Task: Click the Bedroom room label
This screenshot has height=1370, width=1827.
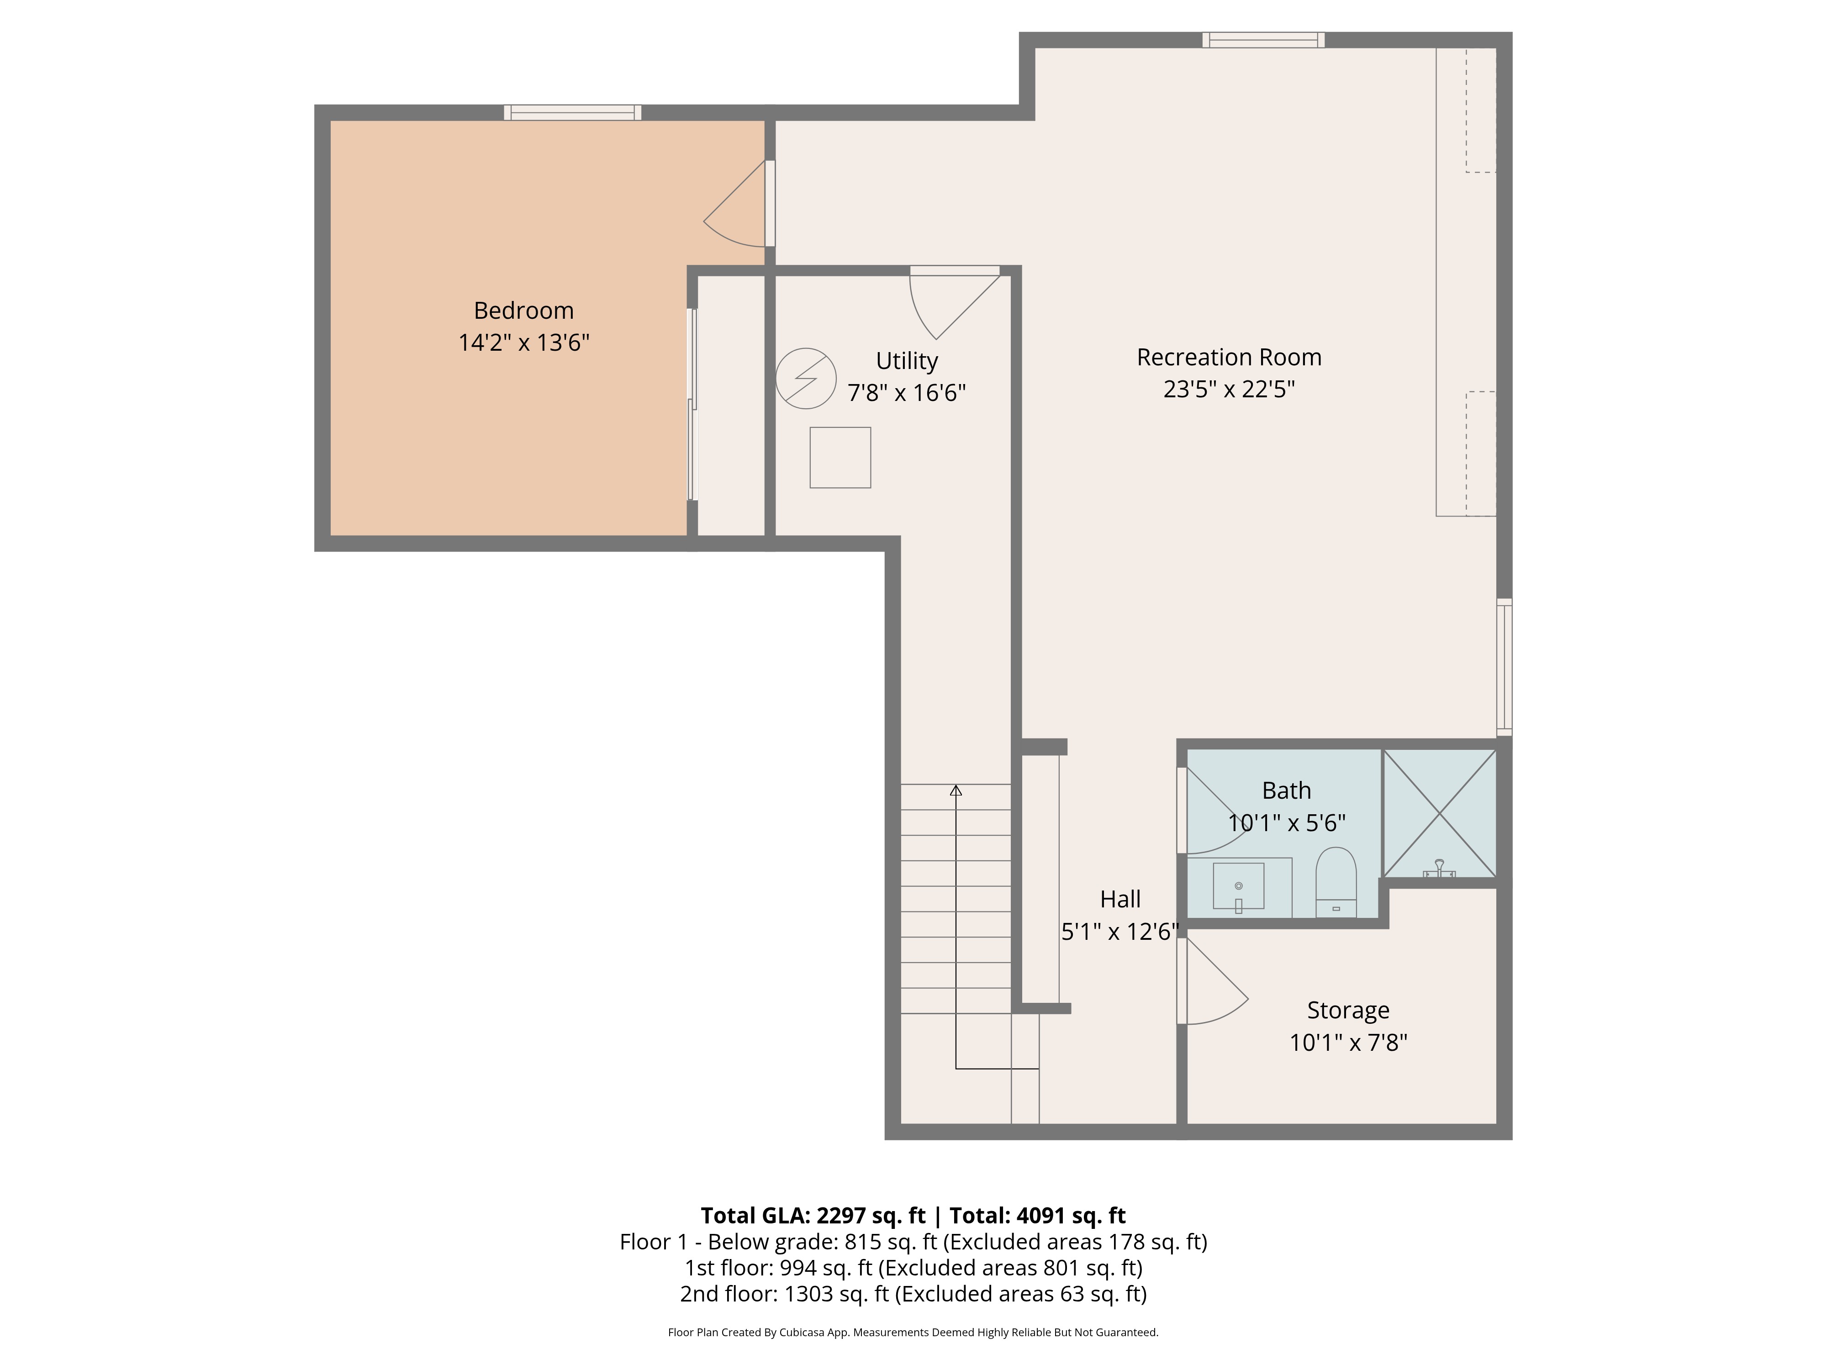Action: click(523, 311)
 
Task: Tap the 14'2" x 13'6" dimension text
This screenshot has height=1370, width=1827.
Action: click(523, 342)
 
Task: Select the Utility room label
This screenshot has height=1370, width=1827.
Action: click(907, 361)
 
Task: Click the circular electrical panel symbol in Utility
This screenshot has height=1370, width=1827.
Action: click(806, 378)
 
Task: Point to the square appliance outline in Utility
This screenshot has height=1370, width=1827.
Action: click(840, 458)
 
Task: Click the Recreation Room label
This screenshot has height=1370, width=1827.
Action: click(1229, 357)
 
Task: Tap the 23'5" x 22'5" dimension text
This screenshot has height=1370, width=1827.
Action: click(1229, 389)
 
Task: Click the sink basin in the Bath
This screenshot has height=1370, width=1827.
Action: click(1238, 886)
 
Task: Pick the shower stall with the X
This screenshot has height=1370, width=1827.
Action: click(1440, 813)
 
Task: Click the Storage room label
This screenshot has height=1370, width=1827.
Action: click(1348, 1010)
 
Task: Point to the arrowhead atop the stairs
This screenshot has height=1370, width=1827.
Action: click(956, 790)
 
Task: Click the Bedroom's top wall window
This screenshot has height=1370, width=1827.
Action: click(573, 112)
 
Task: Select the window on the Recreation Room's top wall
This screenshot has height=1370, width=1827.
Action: click(1264, 40)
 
